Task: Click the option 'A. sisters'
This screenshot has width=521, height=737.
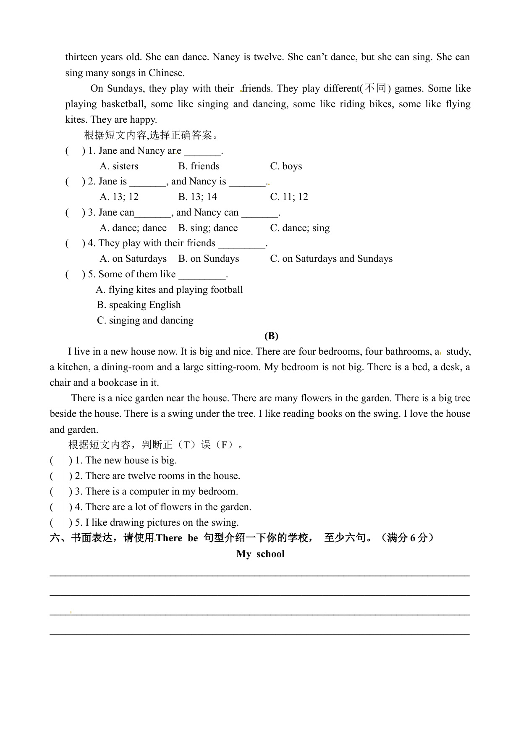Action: [119, 166]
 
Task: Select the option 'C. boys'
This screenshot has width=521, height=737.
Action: [286, 166]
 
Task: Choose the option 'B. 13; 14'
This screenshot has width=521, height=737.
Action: [197, 197]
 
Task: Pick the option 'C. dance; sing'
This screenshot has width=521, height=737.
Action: [300, 228]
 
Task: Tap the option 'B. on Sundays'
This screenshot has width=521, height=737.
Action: [208, 259]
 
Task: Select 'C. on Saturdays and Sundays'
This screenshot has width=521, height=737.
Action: [331, 259]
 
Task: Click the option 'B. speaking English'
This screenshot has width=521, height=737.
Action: [139, 305]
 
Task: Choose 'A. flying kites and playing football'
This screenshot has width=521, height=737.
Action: [169, 290]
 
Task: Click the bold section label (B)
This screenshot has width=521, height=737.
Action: [271, 336]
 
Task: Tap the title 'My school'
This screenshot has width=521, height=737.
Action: [260, 554]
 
